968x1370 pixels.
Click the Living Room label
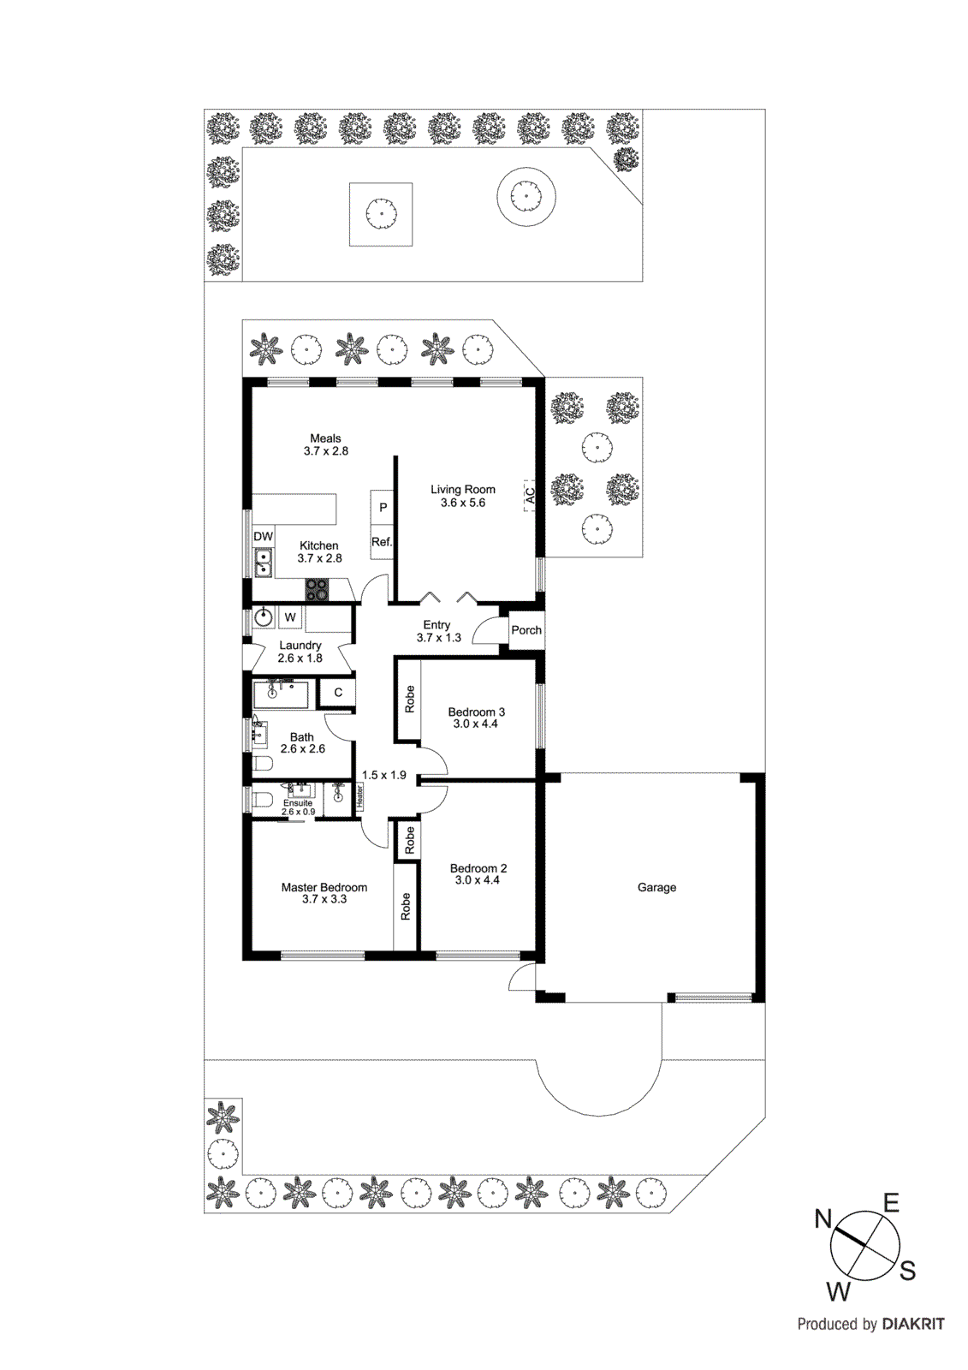tap(462, 490)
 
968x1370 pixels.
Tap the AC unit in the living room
tap(530, 496)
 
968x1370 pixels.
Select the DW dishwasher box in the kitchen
tap(263, 537)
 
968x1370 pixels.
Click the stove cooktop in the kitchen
tap(317, 589)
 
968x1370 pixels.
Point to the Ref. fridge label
tap(382, 542)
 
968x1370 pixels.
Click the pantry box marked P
tap(383, 507)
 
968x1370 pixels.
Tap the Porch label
tap(526, 630)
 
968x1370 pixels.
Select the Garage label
tap(656, 888)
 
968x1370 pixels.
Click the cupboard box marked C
tap(338, 693)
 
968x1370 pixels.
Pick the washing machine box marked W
tap(290, 617)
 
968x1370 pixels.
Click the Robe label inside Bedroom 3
tap(409, 700)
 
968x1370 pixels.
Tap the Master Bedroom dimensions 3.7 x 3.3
tap(324, 900)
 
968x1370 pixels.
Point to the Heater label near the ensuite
tap(359, 796)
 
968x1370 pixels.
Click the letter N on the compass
tap(823, 1219)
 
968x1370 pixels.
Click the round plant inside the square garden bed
tap(381, 214)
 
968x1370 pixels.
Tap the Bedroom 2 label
tap(478, 868)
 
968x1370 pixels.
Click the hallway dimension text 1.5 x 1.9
tap(383, 775)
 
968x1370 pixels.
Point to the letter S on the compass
tap(907, 1272)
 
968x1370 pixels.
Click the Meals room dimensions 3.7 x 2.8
tap(325, 451)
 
